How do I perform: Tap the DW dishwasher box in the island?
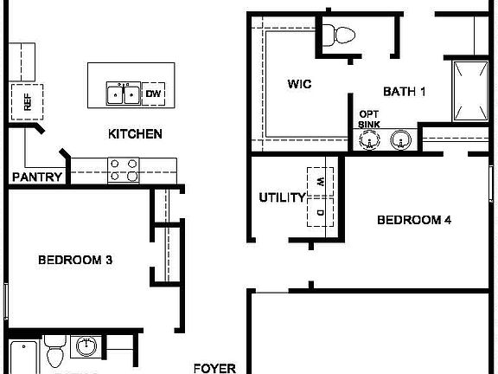153,93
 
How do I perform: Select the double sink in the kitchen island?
123,93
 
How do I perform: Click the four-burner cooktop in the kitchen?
123,169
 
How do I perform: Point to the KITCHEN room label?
135,134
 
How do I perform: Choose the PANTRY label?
37,177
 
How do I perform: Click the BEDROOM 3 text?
75,259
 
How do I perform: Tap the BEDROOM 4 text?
414,220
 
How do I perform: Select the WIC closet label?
299,84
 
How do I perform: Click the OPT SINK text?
369,119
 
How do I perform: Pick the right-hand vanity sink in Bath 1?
400,139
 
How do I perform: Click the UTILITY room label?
282,198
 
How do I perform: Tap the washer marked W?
319,182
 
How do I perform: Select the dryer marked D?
319,212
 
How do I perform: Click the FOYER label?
214,368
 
